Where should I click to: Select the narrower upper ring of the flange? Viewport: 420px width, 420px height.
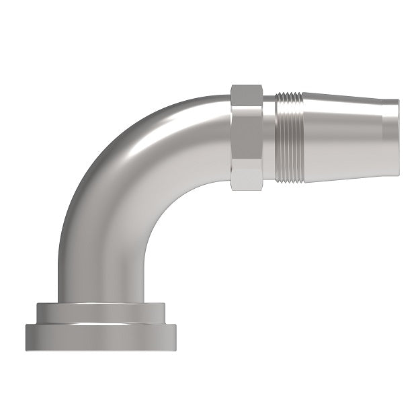click(x=101, y=312)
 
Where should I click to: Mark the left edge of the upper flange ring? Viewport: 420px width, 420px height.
click(x=38, y=312)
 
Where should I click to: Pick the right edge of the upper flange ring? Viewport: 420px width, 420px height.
click(x=165, y=312)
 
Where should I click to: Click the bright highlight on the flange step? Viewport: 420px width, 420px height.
click(x=101, y=324)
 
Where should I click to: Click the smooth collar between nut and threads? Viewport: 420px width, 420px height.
click(x=269, y=138)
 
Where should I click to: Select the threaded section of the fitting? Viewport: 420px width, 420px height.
click(x=289, y=138)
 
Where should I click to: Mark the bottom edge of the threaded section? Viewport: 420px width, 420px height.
click(x=289, y=180)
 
